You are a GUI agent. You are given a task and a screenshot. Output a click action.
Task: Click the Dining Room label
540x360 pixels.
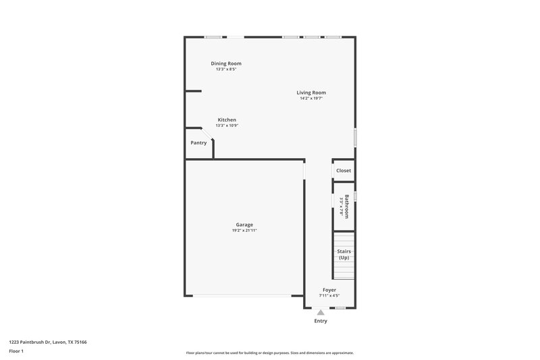226,63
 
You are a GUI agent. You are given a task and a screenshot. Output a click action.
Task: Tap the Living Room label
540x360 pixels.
311,93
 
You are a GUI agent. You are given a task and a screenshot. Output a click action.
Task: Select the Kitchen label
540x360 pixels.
227,120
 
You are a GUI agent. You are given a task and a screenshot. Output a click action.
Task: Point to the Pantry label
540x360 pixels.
198,143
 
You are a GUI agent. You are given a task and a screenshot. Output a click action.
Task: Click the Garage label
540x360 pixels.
244,225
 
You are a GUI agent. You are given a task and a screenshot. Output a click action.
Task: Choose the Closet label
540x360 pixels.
344,171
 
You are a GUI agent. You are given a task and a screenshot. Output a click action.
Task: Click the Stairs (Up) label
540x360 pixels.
344,255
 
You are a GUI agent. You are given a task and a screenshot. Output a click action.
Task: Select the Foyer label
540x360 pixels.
329,290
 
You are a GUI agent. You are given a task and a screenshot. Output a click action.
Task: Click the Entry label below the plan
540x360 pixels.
321,321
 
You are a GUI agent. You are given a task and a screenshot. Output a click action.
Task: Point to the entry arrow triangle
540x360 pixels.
321,312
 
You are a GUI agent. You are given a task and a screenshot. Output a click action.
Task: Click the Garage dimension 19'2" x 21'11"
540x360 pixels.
244,231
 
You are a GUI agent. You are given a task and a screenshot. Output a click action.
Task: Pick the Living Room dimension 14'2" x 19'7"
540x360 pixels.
311,99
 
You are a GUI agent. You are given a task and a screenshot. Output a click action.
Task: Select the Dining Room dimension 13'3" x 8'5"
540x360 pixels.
226,70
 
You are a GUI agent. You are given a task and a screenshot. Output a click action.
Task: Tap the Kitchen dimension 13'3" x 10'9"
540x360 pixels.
227,126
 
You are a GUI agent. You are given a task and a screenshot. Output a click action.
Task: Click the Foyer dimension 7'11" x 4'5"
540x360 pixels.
329,296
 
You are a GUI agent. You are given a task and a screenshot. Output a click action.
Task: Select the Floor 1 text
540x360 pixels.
16,352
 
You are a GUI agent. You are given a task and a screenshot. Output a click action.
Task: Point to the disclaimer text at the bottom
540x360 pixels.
270,353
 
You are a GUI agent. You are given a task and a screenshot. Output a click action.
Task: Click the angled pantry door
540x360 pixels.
207,134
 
